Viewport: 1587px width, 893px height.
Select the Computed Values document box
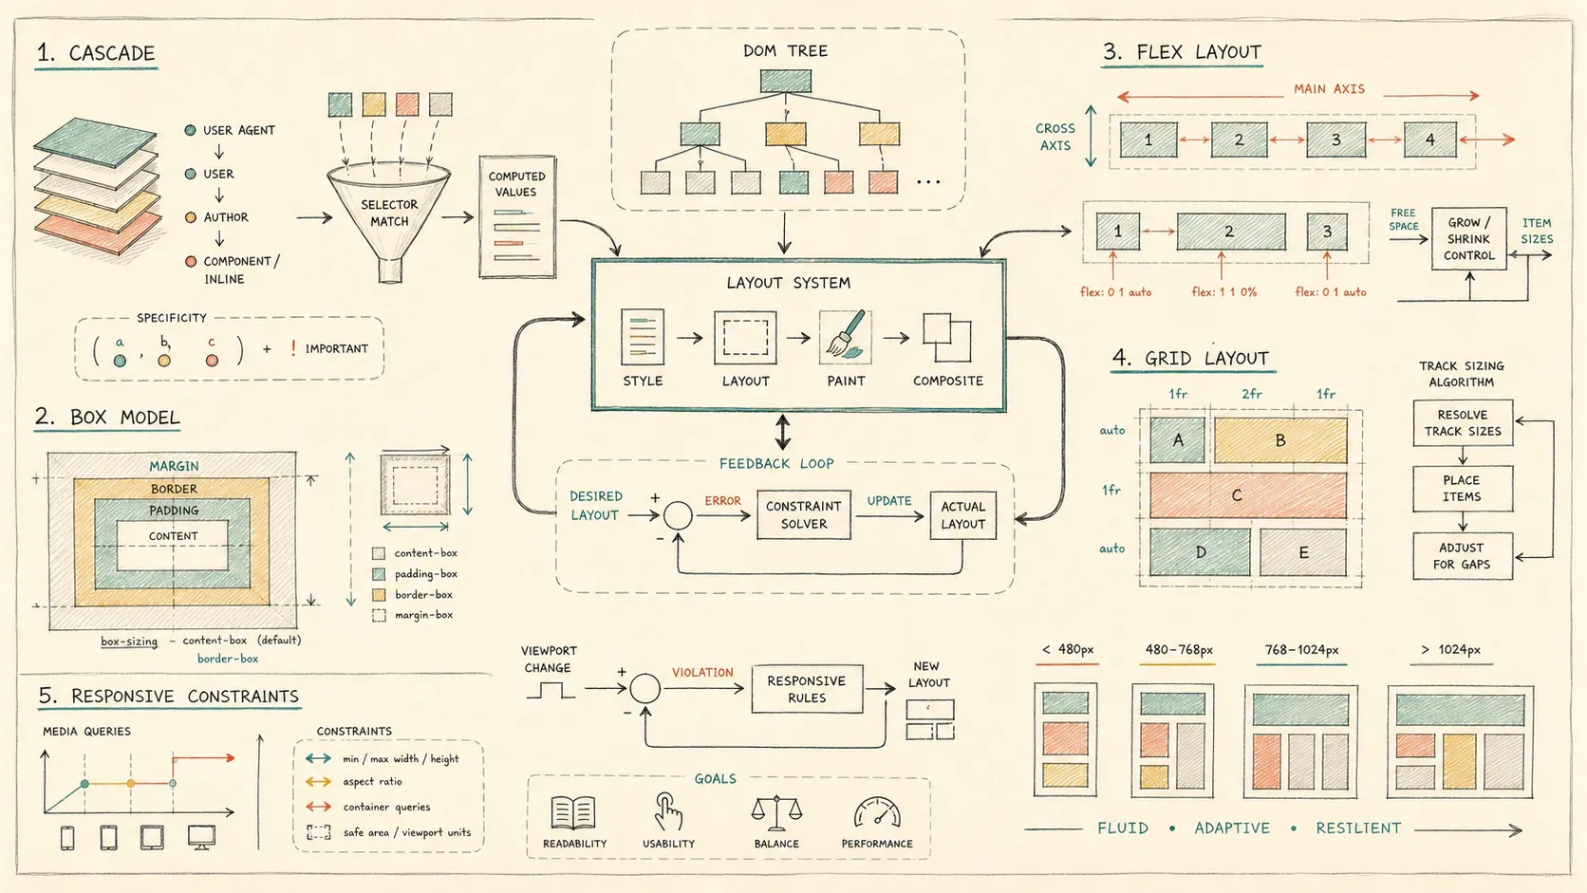(x=517, y=216)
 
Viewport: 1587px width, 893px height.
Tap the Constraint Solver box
(x=803, y=515)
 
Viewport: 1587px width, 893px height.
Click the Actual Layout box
(x=962, y=515)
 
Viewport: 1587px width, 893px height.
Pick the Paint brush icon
(x=846, y=336)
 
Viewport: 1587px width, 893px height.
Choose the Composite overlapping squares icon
(x=946, y=337)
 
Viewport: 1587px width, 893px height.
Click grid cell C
(x=1247, y=495)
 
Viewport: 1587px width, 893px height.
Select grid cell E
(x=1303, y=552)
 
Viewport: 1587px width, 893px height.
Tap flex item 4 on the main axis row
(x=1429, y=140)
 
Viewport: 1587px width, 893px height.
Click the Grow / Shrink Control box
(x=1469, y=238)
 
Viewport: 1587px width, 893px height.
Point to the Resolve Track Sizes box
(x=1463, y=423)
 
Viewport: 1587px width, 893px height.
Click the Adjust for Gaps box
(x=1463, y=556)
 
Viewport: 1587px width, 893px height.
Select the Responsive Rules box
(x=807, y=688)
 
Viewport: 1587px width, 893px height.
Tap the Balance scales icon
(x=776, y=812)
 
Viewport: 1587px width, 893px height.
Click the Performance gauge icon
(x=877, y=812)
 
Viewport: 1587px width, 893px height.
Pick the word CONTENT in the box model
(x=173, y=536)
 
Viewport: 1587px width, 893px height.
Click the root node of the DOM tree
(x=786, y=81)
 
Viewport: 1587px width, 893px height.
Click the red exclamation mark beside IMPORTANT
(x=293, y=347)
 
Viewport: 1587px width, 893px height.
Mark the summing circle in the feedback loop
(x=678, y=515)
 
